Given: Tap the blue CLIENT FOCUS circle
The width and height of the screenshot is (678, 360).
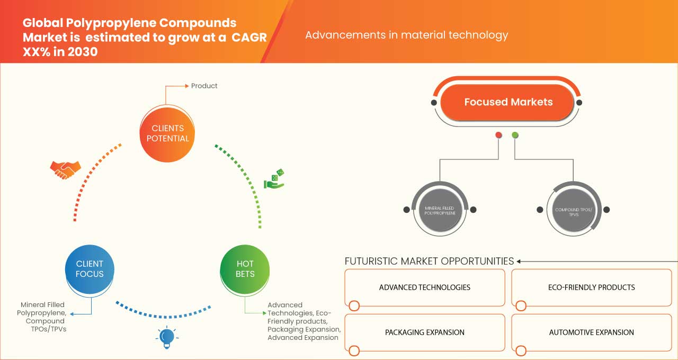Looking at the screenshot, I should tap(90, 269).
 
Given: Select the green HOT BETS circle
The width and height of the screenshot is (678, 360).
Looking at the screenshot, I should tap(245, 269).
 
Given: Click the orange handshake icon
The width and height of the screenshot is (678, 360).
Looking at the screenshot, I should tap(65, 169).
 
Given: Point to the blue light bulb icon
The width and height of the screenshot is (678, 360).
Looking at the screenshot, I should tap(167, 337).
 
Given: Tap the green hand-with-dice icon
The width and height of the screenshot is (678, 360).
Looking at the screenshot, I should tap(274, 179).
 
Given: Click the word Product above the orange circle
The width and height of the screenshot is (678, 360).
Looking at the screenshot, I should tap(204, 86).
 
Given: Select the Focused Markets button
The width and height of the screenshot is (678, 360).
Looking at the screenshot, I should tap(508, 102).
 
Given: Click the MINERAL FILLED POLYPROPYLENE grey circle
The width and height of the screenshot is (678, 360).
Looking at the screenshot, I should tap(440, 210).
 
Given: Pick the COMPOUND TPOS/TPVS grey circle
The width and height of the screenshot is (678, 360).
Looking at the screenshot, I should tap(574, 210).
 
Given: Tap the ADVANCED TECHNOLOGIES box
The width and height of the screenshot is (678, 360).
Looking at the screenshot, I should tap(425, 287).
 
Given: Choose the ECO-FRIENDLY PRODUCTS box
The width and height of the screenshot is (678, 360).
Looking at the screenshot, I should tap(591, 287).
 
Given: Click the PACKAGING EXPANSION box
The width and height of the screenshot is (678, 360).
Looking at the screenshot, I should tap(425, 332).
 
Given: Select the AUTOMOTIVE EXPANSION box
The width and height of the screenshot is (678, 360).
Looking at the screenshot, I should tap(591, 332).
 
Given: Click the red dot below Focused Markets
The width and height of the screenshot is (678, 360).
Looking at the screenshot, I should tap(498, 136).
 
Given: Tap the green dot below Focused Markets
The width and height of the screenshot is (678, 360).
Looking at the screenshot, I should tap(515, 136).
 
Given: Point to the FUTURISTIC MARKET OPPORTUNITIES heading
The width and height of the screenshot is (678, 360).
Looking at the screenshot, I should tap(429, 261).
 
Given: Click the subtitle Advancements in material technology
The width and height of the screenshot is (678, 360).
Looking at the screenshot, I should tap(406, 35).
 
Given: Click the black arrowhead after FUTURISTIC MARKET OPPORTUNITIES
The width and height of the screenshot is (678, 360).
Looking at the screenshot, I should tap(519, 261).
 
